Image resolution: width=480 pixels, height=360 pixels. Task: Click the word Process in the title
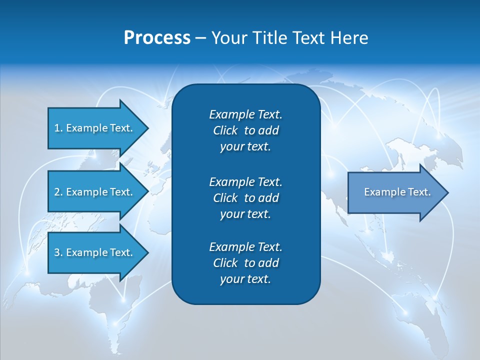pos(157,38)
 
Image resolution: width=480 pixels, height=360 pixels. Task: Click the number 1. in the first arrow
pos(58,128)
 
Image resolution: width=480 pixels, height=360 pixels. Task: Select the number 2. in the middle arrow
pos(58,192)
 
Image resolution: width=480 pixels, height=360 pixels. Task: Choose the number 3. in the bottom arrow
pos(58,252)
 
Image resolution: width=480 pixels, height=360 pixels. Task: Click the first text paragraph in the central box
pos(245,130)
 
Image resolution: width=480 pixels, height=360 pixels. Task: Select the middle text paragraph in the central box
pos(245,197)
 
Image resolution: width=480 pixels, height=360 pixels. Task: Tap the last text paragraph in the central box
pos(245,263)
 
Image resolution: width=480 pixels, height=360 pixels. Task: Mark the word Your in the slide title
pos(228,38)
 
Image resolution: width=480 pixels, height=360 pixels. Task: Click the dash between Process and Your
pos(200,38)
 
